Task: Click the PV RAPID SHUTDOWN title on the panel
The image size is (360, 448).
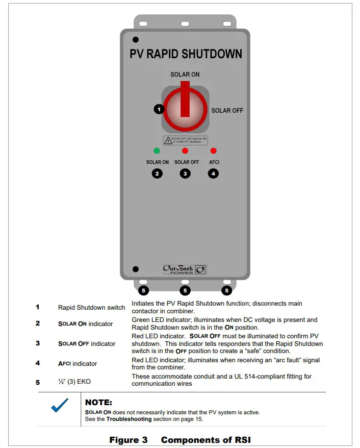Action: (186, 54)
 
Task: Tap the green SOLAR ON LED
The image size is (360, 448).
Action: (157, 151)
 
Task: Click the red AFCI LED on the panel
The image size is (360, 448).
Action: (213, 151)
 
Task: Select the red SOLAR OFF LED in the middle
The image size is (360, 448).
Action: (185, 151)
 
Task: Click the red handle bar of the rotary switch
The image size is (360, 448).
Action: (185, 100)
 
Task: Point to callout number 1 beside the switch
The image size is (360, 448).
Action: (159, 109)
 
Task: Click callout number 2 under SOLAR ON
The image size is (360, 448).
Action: (157, 173)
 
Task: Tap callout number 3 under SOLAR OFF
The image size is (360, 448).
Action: (185, 173)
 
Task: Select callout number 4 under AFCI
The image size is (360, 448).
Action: (213, 173)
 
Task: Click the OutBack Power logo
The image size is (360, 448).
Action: (185, 269)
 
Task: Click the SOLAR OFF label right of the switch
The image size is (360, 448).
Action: (227, 111)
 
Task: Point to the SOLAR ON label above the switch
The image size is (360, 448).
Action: (185, 74)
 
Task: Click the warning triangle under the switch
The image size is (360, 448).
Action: (168, 140)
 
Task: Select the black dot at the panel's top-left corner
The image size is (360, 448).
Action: (135, 39)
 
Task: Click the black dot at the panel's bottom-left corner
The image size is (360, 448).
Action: (135, 269)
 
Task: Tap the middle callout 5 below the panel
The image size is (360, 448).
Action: (185, 291)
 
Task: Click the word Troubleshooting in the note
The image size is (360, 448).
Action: (129, 419)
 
